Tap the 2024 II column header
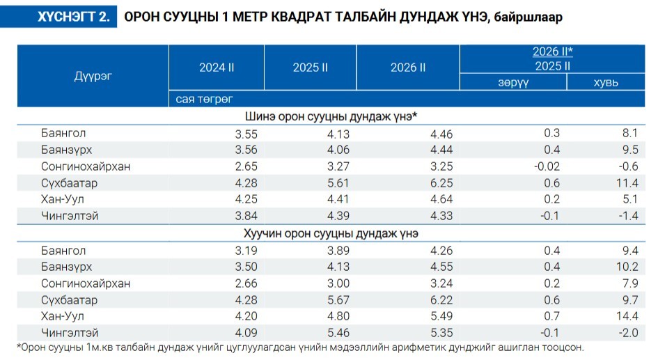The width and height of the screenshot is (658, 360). [217, 68]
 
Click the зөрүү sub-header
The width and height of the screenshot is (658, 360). [512, 82]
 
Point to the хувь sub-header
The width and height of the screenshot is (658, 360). [605, 82]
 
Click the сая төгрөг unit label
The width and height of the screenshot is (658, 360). [204, 100]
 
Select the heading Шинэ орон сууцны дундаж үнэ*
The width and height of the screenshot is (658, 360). [331, 116]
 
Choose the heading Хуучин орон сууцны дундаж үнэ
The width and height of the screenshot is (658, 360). [331, 233]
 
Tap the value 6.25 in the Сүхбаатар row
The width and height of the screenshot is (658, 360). [439, 183]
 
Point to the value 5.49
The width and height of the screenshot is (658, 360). [439, 317]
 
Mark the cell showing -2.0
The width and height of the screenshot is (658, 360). [628, 333]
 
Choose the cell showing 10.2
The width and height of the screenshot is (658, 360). [626, 267]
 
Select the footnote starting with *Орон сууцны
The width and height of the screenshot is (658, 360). [299, 347]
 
